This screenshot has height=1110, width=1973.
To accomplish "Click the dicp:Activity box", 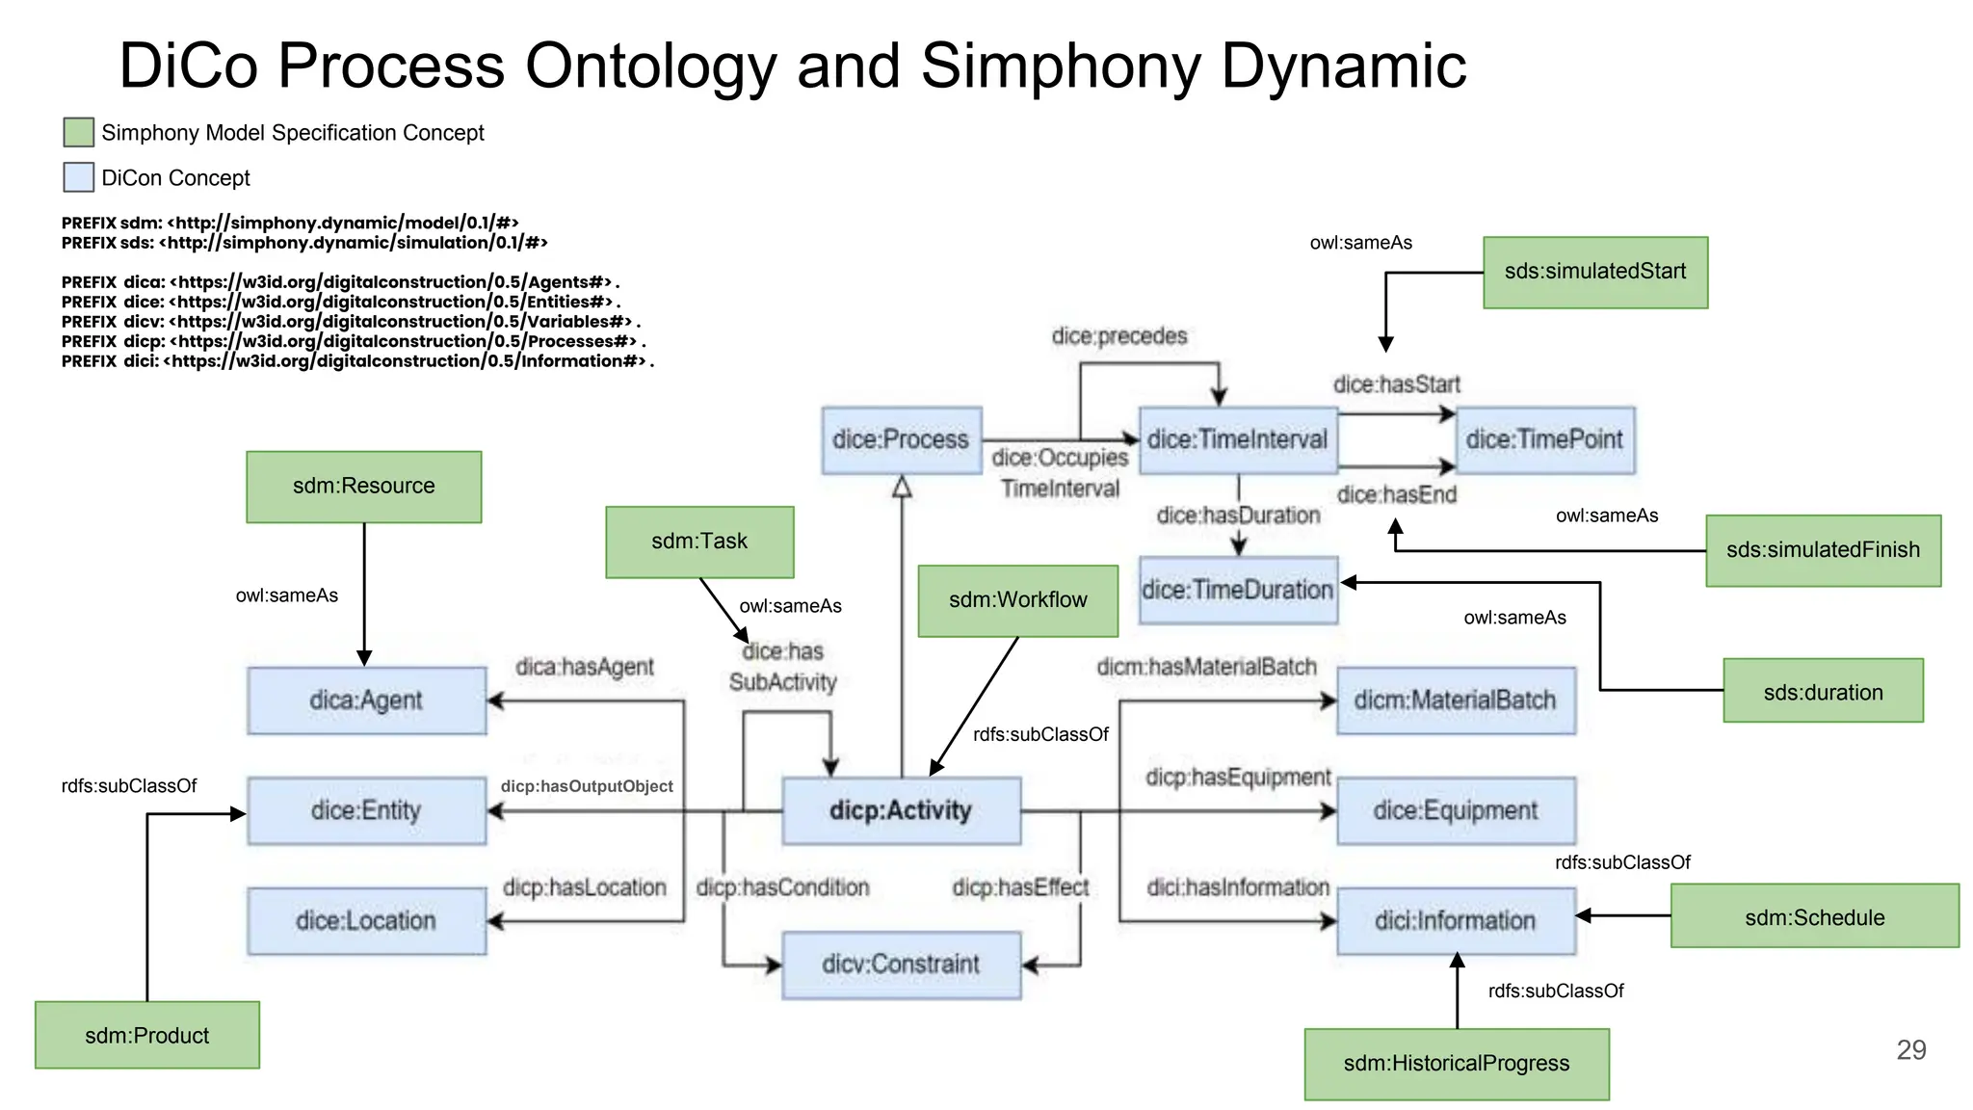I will coord(901,810).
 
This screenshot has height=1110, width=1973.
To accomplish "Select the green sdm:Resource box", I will coord(363,487).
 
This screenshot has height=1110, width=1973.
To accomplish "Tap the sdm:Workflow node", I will coord(1017,600).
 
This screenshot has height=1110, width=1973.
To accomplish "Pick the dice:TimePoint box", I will coord(1544,439).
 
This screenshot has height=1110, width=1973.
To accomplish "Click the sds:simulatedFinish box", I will coord(1823,550).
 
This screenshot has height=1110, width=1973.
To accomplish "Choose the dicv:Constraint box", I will coord(901,965).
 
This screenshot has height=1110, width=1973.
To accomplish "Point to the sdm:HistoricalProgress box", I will coord(1456,1064).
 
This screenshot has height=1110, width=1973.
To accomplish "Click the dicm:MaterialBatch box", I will coord(1455,700).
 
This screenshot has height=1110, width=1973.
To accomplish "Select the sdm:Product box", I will coord(146,1035).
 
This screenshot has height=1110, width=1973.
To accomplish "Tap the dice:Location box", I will coord(366,921).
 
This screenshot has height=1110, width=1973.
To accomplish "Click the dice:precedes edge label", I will coord(1118,336).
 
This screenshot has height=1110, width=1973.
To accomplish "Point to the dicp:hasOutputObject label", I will coord(586,786).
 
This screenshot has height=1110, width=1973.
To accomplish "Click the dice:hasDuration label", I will coord(1238,515).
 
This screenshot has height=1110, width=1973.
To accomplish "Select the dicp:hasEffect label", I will coord(1020,887).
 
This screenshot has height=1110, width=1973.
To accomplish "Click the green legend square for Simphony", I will coord(78,132).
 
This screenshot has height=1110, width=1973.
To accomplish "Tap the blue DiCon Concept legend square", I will coord(78,177).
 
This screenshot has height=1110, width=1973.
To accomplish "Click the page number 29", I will coord(1910,1049).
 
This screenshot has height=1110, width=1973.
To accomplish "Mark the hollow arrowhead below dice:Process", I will coord(902,487).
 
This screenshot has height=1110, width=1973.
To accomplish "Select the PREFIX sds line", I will coord(304,243).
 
